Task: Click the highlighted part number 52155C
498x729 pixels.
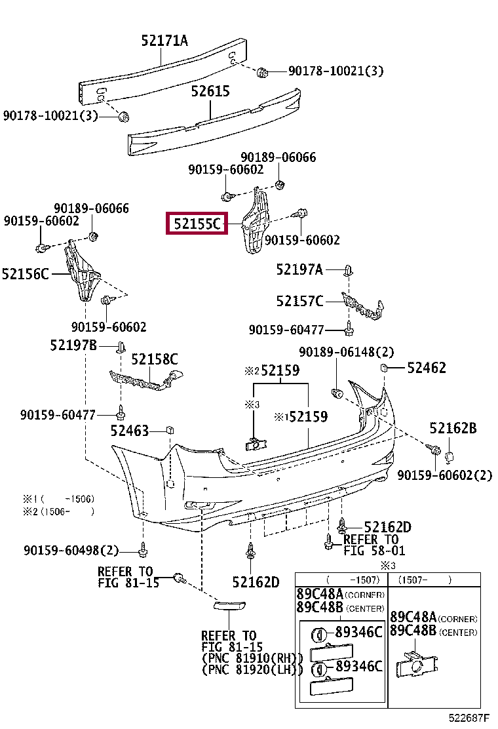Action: (197, 223)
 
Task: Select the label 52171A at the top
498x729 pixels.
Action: (164, 41)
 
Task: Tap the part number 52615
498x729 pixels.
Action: (210, 91)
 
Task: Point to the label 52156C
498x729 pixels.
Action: (25, 274)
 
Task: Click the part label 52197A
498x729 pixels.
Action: (299, 269)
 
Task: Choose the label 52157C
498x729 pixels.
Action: (299, 302)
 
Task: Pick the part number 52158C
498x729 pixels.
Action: (154, 359)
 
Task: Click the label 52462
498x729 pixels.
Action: (427, 368)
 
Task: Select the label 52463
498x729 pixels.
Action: (130, 431)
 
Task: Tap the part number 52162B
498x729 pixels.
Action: (453, 428)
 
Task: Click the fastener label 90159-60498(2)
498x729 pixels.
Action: (71, 551)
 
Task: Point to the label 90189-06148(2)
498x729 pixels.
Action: (346, 352)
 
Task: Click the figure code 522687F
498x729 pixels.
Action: (469, 719)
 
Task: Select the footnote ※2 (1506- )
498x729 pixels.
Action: (59, 512)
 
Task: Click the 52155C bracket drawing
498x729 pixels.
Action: (255, 220)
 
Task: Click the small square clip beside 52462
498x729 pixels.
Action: (384, 368)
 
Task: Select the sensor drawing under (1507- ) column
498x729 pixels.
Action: (416, 664)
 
